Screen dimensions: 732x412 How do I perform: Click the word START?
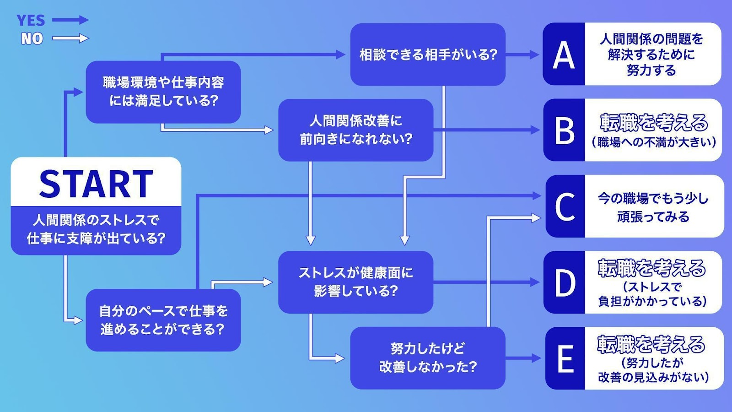point(96,184)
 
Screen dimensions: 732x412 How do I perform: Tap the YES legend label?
point(31,20)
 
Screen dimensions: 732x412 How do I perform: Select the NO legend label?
point(32,38)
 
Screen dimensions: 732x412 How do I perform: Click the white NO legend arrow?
point(70,38)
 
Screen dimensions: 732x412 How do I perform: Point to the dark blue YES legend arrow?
point(70,20)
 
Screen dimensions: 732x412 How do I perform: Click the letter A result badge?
point(564,54)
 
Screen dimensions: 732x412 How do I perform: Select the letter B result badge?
point(564,130)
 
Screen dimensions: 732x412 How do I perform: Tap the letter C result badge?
point(565,206)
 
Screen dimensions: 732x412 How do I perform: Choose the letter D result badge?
point(565,282)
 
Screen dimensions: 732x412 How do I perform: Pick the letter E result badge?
point(565,358)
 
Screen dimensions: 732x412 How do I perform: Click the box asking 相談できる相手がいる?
point(428,54)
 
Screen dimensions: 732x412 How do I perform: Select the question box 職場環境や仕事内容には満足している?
point(163,92)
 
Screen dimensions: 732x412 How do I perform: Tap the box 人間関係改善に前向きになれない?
point(356,130)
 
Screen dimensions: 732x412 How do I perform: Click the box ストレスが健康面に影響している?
point(356,282)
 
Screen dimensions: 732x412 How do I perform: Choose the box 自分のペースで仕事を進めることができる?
point(163,320)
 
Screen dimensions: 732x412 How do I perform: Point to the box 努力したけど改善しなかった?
point(428,358)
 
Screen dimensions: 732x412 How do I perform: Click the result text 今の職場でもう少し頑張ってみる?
point(653,207)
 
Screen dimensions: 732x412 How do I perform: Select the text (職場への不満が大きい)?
point(654,142)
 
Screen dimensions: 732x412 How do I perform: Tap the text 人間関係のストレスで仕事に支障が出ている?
point(96,229)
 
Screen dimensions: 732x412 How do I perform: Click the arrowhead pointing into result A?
point(535,54)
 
